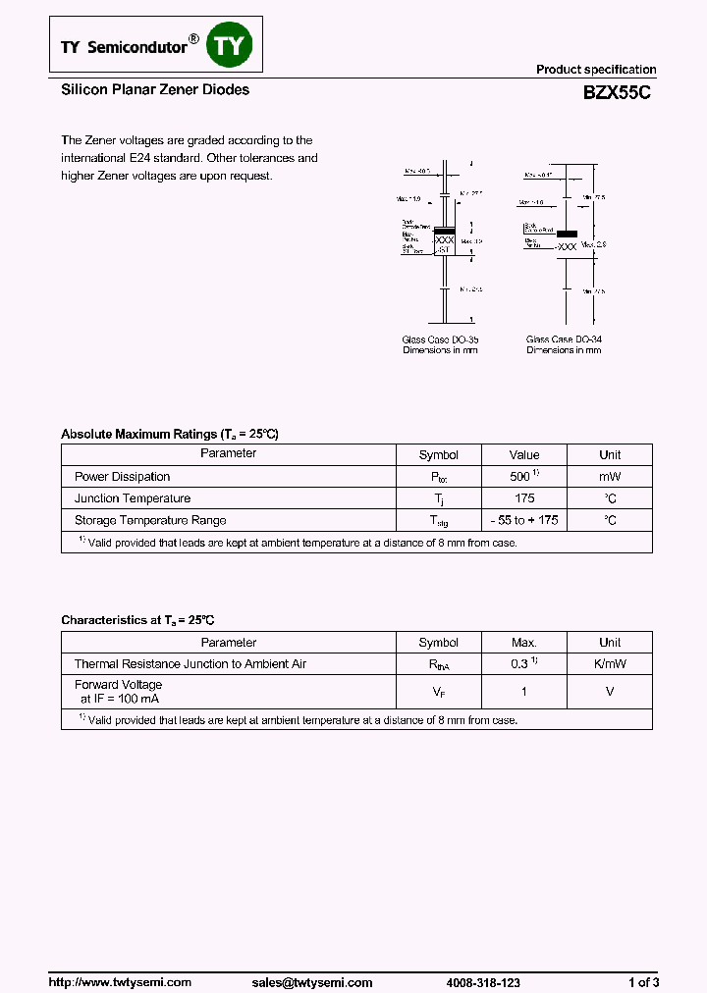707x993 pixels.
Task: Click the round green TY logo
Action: [230, 46]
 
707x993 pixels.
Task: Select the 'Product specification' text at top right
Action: [595, 70]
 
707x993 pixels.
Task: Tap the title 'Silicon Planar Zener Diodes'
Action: [155, 90]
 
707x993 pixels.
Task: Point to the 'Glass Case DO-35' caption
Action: [439, 340]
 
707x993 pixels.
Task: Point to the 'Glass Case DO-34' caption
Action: [564, 340]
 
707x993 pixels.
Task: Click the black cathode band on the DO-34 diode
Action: [567, 235]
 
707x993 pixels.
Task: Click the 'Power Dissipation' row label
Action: [123, 477]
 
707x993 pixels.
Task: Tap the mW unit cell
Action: [610, 477]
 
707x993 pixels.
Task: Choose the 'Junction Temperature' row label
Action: [133, 498]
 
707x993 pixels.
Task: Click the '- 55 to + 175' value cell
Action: [524, 520]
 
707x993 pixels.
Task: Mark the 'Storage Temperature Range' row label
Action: [150, 520]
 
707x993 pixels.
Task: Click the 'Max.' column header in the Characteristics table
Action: [524, 643]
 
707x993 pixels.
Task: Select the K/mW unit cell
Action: [610, 664]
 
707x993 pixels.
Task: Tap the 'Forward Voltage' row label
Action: [119, 685]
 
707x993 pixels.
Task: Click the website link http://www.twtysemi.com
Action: [120, 982]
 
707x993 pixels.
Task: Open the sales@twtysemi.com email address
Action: [312, 982]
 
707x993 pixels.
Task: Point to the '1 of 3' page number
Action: [643, 982]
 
